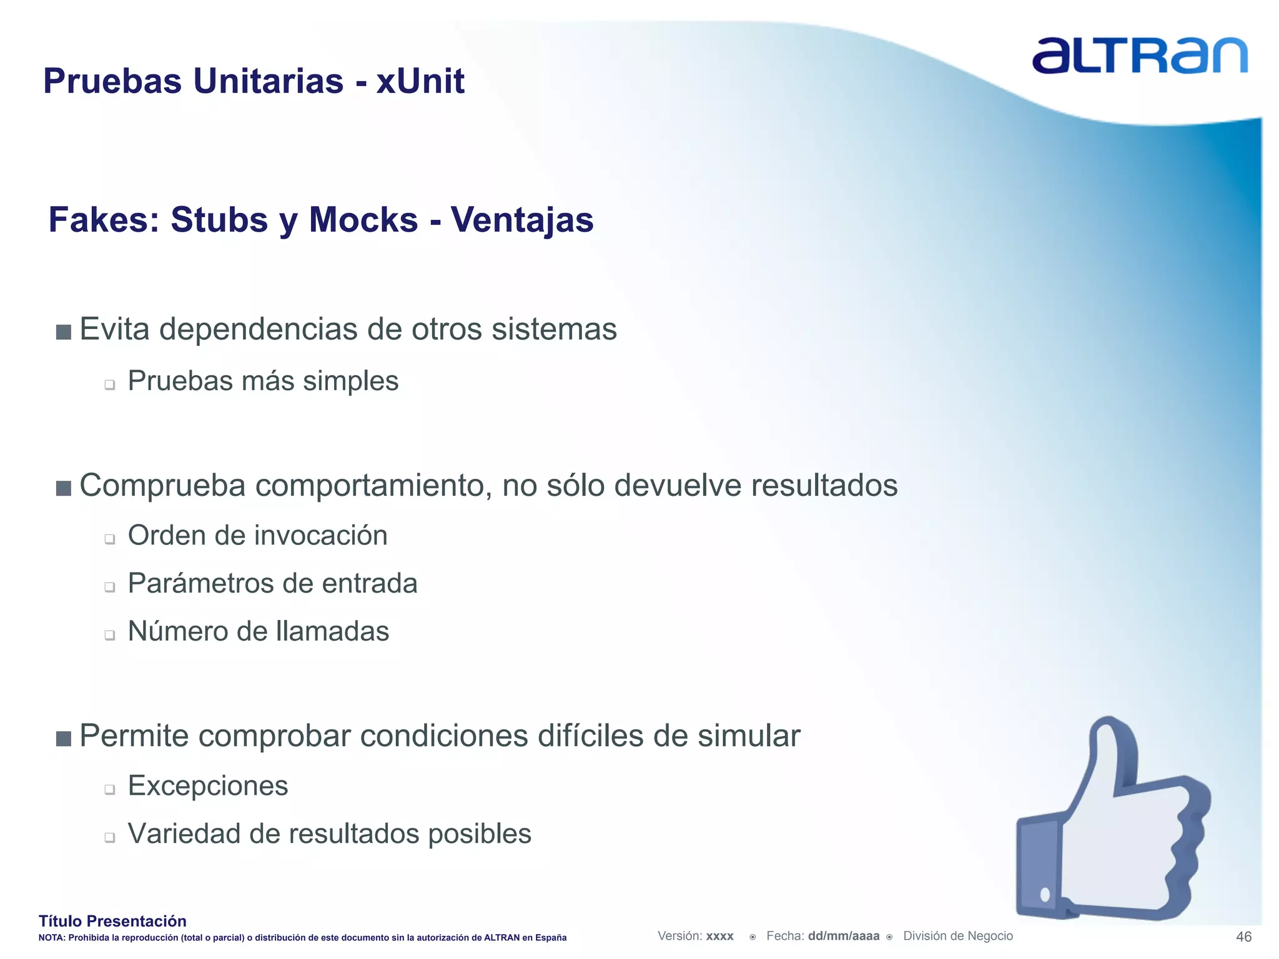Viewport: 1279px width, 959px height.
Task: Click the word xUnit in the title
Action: (x=420, y=81)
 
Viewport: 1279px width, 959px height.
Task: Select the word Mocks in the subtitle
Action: (x=363, y=220)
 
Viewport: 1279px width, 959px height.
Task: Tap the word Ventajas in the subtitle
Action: (x=522, y=220)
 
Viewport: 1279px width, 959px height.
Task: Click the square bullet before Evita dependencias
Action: (x=63, y=332)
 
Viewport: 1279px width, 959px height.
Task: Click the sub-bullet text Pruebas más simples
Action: (x=263, y=381)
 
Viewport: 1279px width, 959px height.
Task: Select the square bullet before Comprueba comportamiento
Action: (x=63, y=488)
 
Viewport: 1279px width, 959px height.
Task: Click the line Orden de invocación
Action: (x=257, y=536)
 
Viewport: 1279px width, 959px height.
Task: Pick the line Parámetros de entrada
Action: (x=272, y=584)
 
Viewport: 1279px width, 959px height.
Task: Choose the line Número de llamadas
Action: (x=258, y=631)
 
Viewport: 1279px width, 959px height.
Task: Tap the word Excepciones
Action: (x=208, y=785)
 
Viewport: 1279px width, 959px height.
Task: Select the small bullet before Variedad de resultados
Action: (x=110, y=837)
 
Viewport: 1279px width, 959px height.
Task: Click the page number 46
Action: (x=1243, y=937)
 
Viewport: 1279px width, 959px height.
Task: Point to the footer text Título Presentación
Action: (x=112, y=921)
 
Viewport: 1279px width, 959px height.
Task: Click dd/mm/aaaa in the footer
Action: (x=843, y=936)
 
